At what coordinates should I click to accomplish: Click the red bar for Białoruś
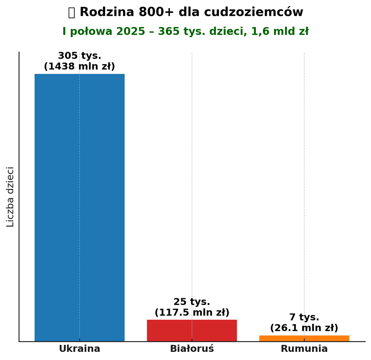(192, 330)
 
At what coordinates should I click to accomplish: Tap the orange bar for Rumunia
(304, 339)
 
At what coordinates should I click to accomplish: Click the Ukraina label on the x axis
(79, 349)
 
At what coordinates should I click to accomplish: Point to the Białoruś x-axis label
(192, 349)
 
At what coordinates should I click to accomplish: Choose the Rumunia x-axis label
(304, 349)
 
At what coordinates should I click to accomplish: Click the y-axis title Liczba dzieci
(10, 197)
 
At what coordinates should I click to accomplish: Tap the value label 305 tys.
(79, 56)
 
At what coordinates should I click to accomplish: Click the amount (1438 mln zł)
(79, 67)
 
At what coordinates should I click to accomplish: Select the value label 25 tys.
(192, 302)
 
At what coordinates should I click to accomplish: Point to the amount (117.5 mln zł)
(192, 313)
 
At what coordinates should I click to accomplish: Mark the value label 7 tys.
(304, 317)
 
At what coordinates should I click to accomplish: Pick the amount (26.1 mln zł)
(304, 328)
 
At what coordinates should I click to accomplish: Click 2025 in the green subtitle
(131, 32)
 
